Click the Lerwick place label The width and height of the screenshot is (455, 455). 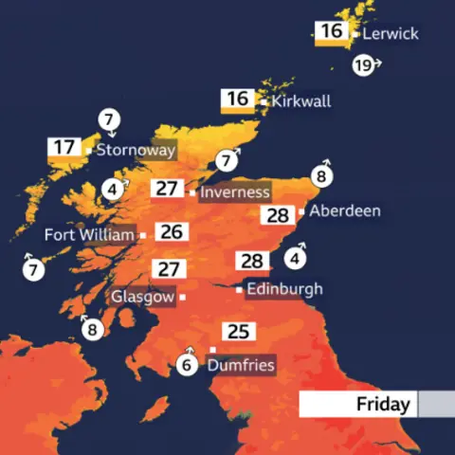391,34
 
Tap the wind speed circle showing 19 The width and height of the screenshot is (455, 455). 363,66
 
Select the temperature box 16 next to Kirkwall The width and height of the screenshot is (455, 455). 237,100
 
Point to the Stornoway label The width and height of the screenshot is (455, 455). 135,150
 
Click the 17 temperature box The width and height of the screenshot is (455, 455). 64,148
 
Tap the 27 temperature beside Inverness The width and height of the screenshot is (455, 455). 168,189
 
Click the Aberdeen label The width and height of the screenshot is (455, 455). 345,210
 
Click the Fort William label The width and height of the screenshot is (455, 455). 89,234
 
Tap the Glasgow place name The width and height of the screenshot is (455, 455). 143,297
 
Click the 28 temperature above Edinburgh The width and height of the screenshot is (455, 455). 251,261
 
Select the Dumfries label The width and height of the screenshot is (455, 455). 241,365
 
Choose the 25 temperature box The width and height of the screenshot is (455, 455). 237,332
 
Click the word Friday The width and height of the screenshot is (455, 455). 383,405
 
